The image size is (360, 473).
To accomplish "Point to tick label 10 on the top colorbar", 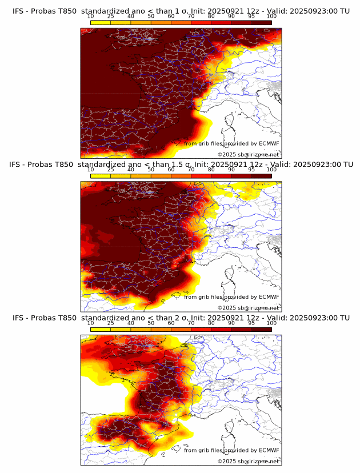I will tap(91, 16).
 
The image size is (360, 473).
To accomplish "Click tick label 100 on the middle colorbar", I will tap(271, 170).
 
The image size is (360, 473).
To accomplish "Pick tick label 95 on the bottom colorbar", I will tap(251, 323).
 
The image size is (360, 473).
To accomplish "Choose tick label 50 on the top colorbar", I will tap(151, 16).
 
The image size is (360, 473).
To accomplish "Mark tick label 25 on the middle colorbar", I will tap(111, 170).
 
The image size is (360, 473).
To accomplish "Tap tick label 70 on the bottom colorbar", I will tap(191, 323).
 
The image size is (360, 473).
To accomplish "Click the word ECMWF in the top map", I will tap(269, 144).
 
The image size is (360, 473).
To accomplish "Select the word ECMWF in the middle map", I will tap(269, 297).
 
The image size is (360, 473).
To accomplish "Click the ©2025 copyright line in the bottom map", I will tap(248, 461).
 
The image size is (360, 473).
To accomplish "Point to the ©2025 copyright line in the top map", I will tap(248, 155).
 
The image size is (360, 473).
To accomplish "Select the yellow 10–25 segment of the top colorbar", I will tap(101, 22).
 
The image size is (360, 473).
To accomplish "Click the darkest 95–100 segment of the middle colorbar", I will tap(262, 176).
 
